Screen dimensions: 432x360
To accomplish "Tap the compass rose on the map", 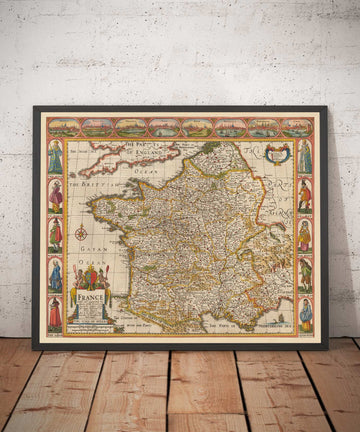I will click(81, 233).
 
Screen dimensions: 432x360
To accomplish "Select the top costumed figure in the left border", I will click(55, 157).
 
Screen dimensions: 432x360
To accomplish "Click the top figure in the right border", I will click(304, 157).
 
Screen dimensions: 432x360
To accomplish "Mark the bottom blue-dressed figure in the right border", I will click(304, 313).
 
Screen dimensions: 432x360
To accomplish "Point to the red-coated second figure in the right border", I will click(304, 196).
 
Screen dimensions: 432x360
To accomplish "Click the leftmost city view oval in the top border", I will click(63, 127).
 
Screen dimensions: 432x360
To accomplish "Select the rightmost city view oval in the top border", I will click(296, 127).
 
